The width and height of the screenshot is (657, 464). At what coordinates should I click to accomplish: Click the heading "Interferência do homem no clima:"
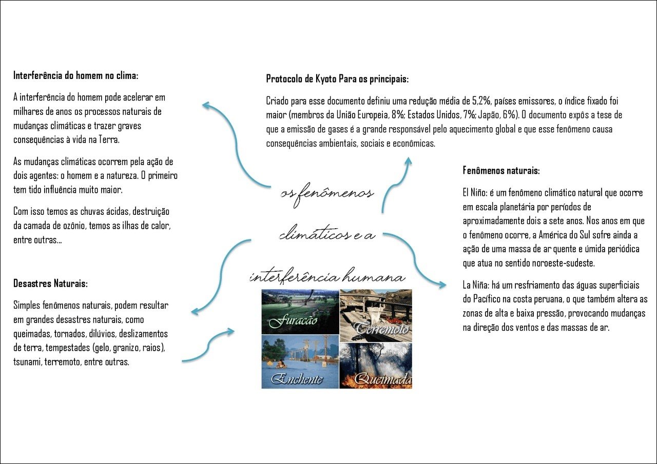[x=76, y=76]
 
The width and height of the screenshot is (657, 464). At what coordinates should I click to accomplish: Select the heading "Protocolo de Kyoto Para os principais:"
[x=337, y=79]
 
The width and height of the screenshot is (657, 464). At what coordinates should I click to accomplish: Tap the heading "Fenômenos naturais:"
[x=501, y=170]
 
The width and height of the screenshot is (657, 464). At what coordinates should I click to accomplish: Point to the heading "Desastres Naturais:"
[x=50, y=284]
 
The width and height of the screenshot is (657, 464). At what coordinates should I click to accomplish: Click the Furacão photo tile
[x=300, y=312]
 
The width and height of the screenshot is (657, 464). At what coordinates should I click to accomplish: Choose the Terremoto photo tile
[x=376, y=312]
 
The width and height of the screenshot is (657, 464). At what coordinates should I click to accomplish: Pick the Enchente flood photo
[x=300, y=361]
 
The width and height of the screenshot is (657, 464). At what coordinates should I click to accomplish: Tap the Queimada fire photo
[x=376, y=361]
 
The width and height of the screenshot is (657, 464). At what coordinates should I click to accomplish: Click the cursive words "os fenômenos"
[x=327, y=194]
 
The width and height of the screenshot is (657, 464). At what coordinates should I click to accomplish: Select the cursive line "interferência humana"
[x=327, y=277]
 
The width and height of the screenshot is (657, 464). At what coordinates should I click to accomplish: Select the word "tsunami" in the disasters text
[x=27, y=362]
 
